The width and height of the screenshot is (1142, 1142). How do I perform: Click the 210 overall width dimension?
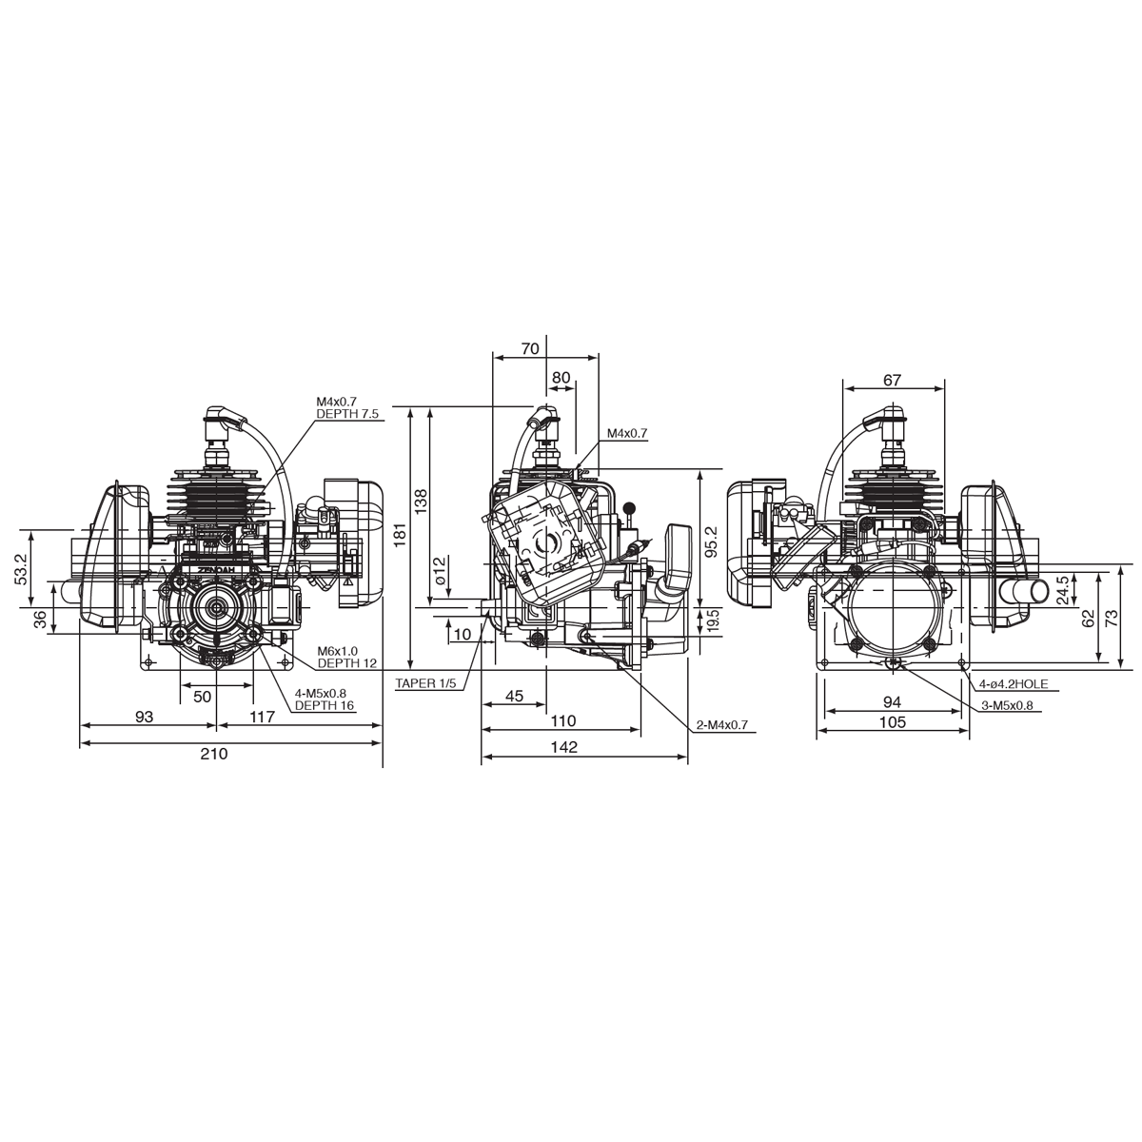pos(214,753)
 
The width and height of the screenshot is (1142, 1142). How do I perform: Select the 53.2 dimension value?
pos(21,569)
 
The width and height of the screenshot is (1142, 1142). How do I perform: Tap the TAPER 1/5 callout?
pos(425,683)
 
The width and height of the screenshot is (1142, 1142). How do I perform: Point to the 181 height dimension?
pos(401,535)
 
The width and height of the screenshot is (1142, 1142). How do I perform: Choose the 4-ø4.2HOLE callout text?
pos(1014,684)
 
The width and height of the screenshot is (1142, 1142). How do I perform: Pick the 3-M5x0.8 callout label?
pos(1008,705)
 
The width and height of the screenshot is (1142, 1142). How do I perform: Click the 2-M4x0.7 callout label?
pos(723,724)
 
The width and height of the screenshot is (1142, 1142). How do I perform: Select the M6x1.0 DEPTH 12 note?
pos(346,657)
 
